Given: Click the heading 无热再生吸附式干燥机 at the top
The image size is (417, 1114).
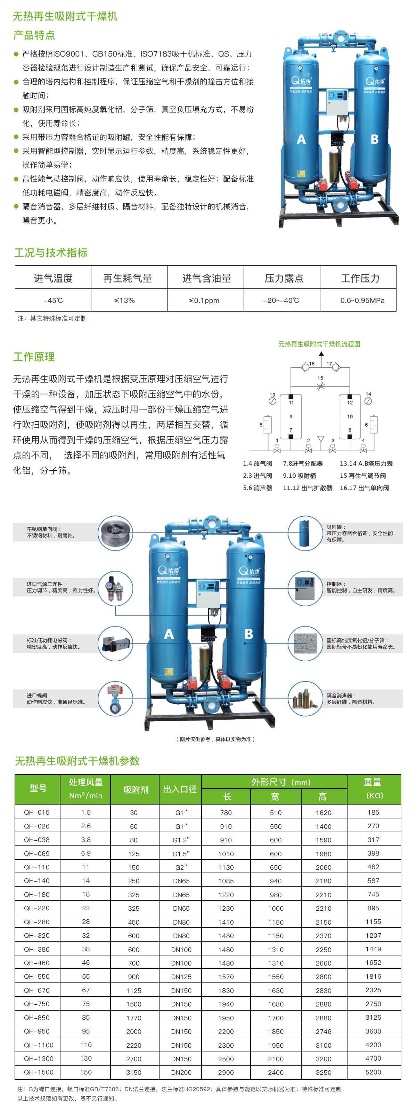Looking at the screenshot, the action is pos(65,16).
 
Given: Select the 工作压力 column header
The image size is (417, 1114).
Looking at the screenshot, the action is pos(360,278).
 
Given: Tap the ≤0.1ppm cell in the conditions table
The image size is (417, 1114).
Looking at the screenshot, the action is pos(204,300).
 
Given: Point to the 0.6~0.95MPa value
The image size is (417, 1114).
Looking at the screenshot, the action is pos(362,300).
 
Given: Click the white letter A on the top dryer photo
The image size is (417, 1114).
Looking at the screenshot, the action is pos(301,139).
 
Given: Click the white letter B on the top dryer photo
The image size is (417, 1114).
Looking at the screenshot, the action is pos(375,139).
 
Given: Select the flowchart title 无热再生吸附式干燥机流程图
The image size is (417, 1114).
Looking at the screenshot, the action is pos(319,344).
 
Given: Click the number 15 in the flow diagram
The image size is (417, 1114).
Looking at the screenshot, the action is pos(320,377).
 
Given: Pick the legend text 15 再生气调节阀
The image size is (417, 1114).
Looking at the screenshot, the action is pos(362,476).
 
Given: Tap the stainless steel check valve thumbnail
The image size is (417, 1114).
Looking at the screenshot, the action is pos(115,533).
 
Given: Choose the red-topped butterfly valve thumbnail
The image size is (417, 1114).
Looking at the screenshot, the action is pos(115,699).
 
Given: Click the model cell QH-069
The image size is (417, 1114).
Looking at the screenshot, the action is pos(37,853).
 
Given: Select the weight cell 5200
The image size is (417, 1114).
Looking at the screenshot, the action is pos(373,1072).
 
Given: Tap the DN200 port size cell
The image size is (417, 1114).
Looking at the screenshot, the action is pos(181,1072).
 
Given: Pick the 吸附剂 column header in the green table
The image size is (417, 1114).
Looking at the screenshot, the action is pos(136,789).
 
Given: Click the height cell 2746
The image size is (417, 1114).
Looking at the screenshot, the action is pos(323,1031).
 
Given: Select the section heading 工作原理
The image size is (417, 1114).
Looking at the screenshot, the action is pos(34,357).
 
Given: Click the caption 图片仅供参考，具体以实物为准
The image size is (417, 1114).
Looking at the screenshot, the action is pos(215,739).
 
